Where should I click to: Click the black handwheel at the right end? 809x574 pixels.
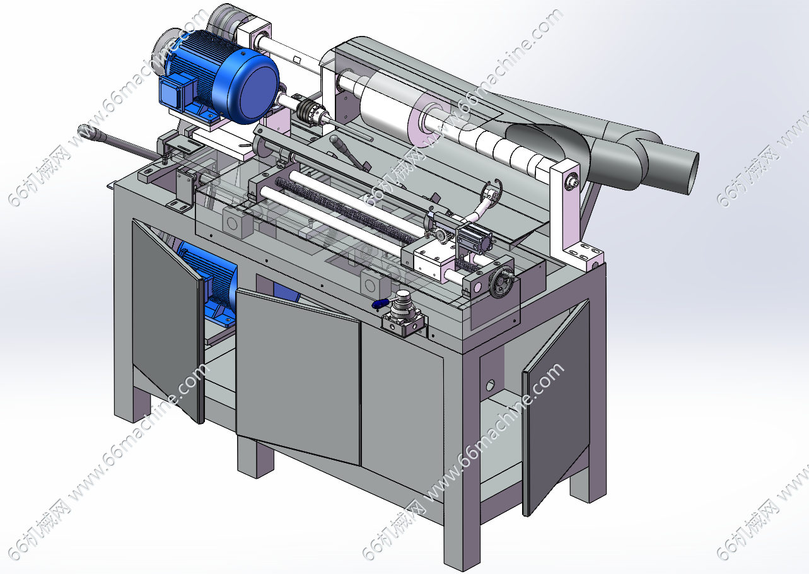[503, 282]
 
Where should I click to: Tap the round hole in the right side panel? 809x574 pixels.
[490, 385]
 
